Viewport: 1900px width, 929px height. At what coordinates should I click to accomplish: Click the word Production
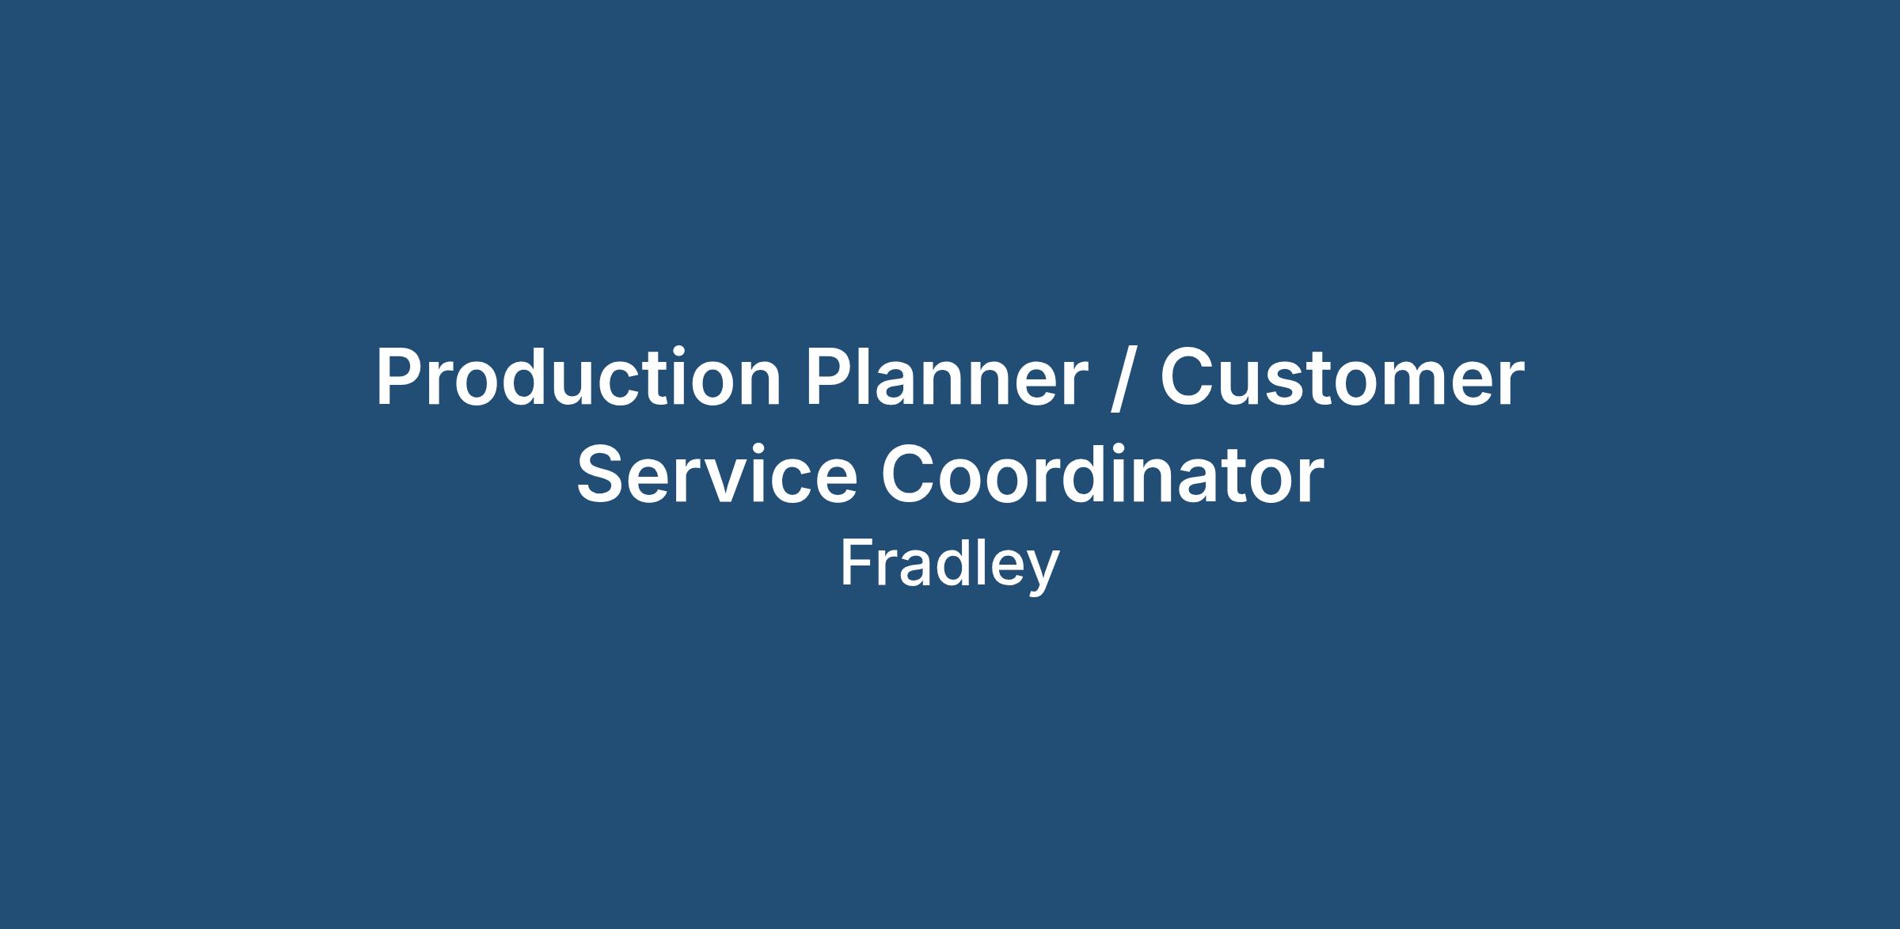[x=579, y=378]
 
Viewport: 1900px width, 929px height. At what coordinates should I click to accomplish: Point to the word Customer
[x=1342, y=379]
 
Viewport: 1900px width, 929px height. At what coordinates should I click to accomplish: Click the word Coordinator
[x=1103, y=474]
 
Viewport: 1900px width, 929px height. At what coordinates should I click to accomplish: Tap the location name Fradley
[x=949, y=564]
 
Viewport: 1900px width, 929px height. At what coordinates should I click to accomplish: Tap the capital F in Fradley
[x=857, y=563]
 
